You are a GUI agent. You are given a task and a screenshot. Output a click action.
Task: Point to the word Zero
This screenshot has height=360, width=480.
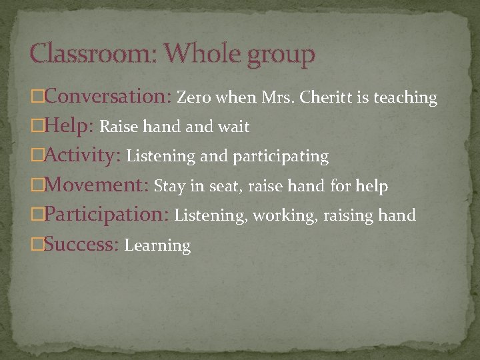[193, 98]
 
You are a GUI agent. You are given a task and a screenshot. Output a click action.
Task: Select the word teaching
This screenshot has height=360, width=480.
[405, 99]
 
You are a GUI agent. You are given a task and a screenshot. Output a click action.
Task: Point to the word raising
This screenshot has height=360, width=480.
[346, 216]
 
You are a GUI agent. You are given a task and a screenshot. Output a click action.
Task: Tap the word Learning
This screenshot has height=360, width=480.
[157, 245]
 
